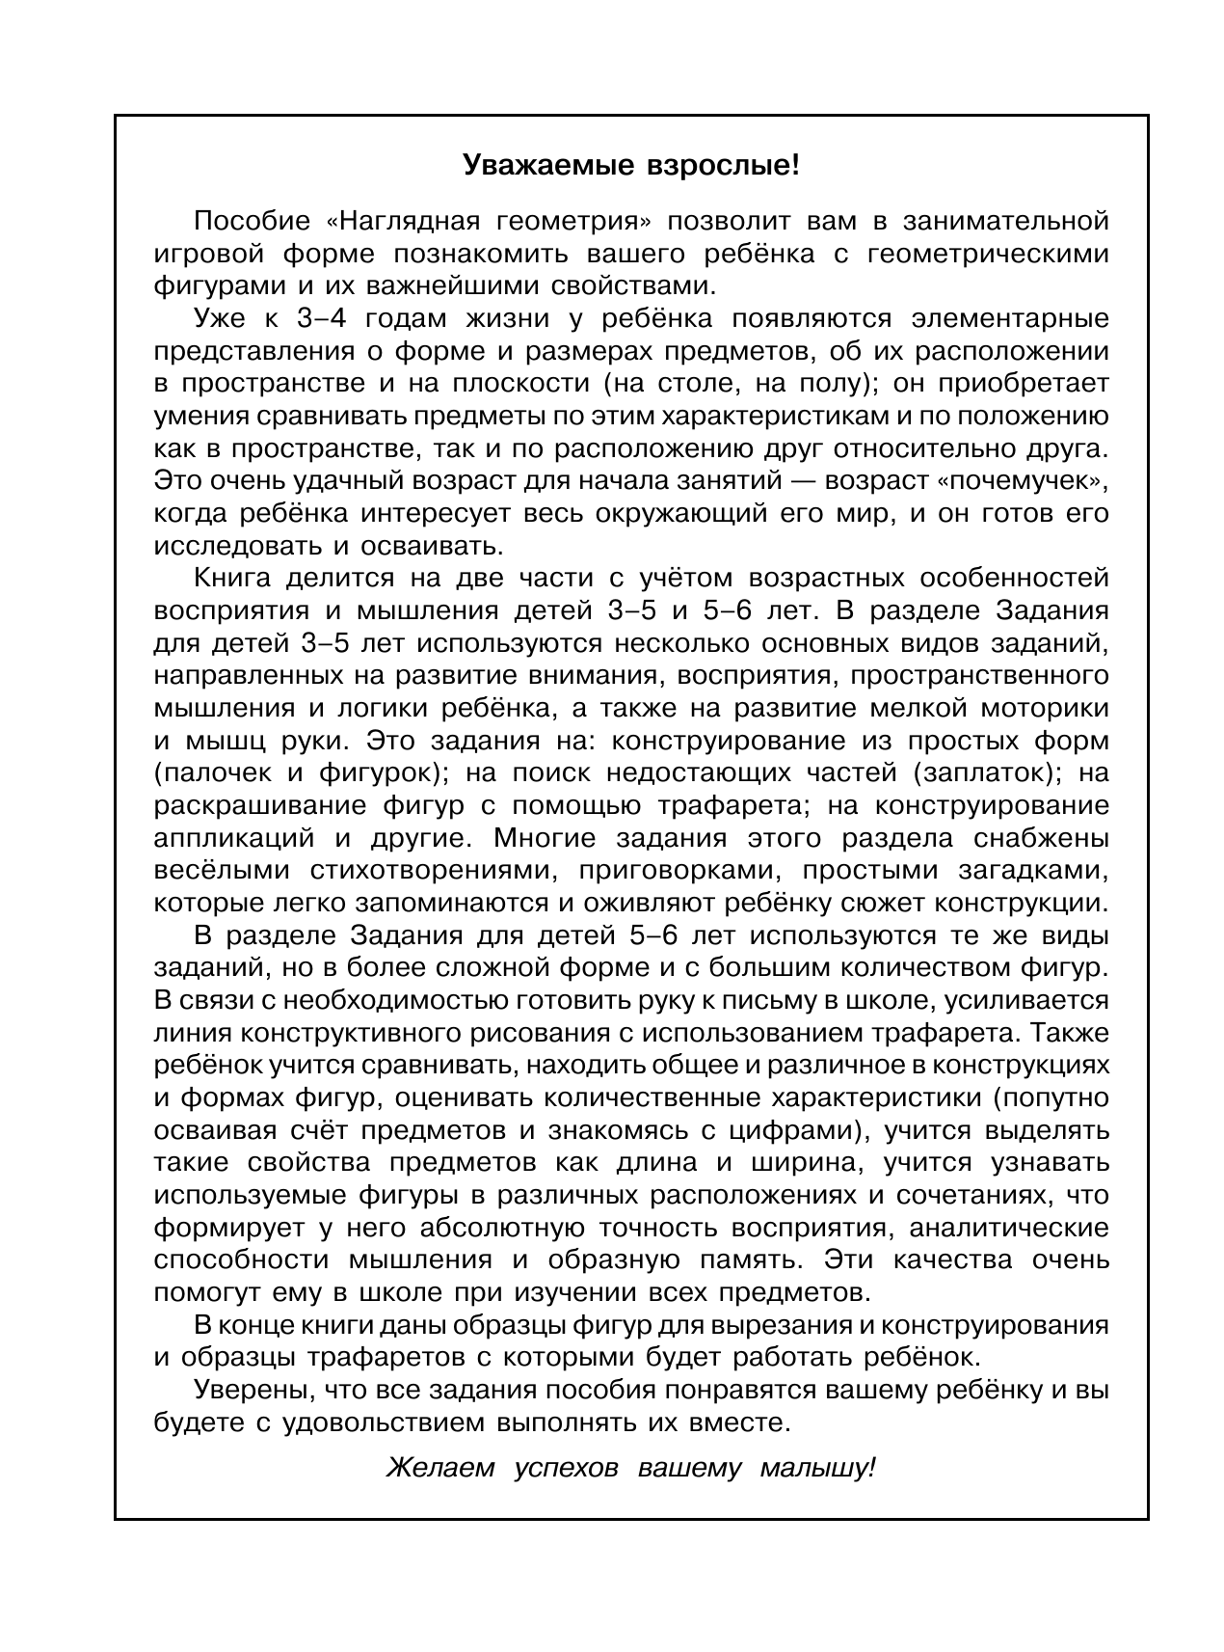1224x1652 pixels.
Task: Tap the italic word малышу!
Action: pos(818,1470)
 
